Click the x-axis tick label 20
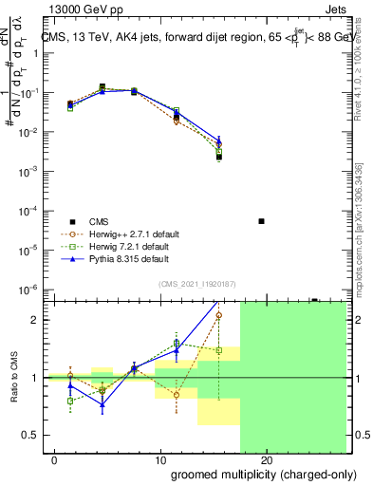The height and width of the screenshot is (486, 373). [x=267, y=461]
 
